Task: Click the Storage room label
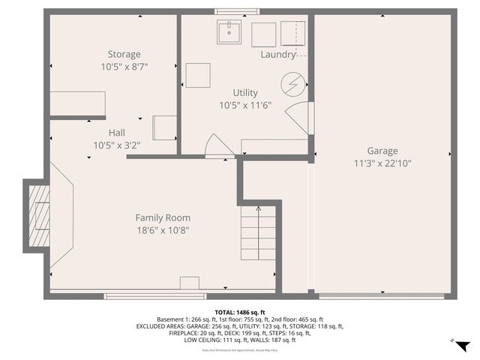124,54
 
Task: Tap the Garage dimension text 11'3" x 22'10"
382,163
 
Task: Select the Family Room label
163,217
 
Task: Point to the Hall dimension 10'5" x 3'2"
116,145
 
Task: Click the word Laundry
278,55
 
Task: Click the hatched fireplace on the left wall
39,217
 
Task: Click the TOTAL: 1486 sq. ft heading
240,312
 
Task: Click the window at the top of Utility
236,11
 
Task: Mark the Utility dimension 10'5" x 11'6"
244,106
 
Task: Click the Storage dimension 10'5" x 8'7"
124,67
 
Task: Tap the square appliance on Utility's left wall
198,76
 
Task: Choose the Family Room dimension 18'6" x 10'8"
163,230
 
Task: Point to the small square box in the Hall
164,127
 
